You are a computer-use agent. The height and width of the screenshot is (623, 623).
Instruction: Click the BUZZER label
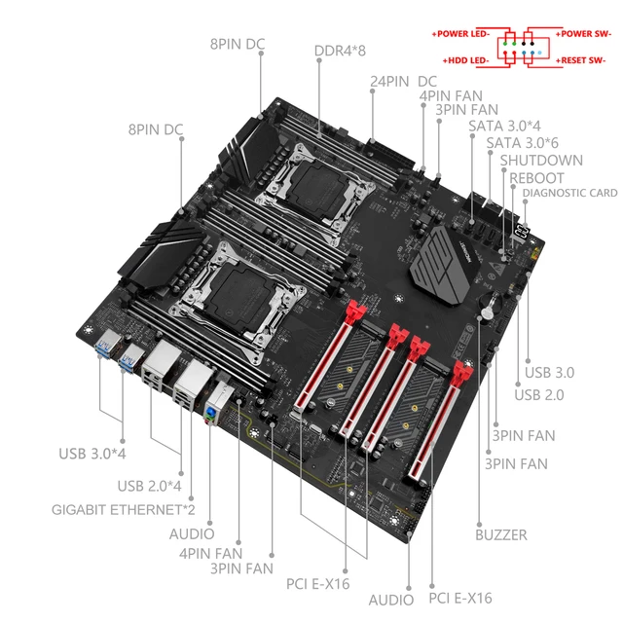click(502, 534)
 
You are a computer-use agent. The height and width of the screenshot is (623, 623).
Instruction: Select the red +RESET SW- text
click(582, 60)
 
